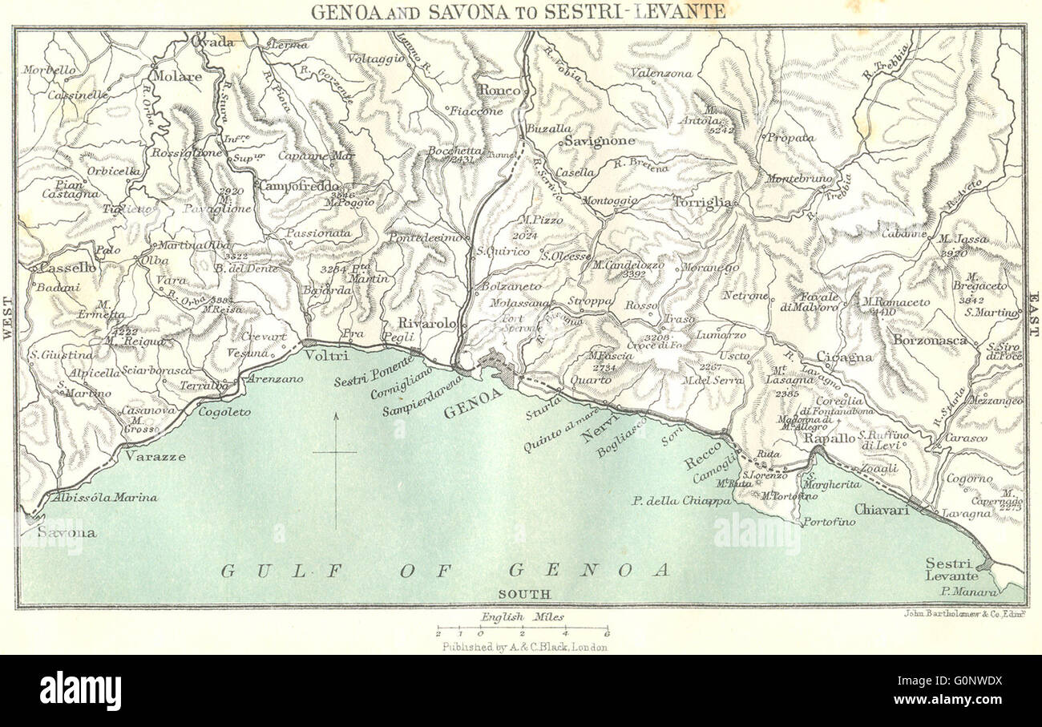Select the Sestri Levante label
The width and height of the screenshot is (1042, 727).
[x=951, y=569]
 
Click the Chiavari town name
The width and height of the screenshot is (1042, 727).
[x=881, y=509]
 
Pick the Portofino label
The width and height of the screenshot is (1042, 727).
[x=830, y=522]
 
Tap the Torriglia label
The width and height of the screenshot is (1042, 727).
[x=703, y=202]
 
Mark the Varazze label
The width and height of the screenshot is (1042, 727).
[x=155, y=457]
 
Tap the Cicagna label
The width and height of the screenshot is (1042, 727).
[x=844, y=357]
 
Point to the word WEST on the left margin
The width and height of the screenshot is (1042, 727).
[x=9, y=319]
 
